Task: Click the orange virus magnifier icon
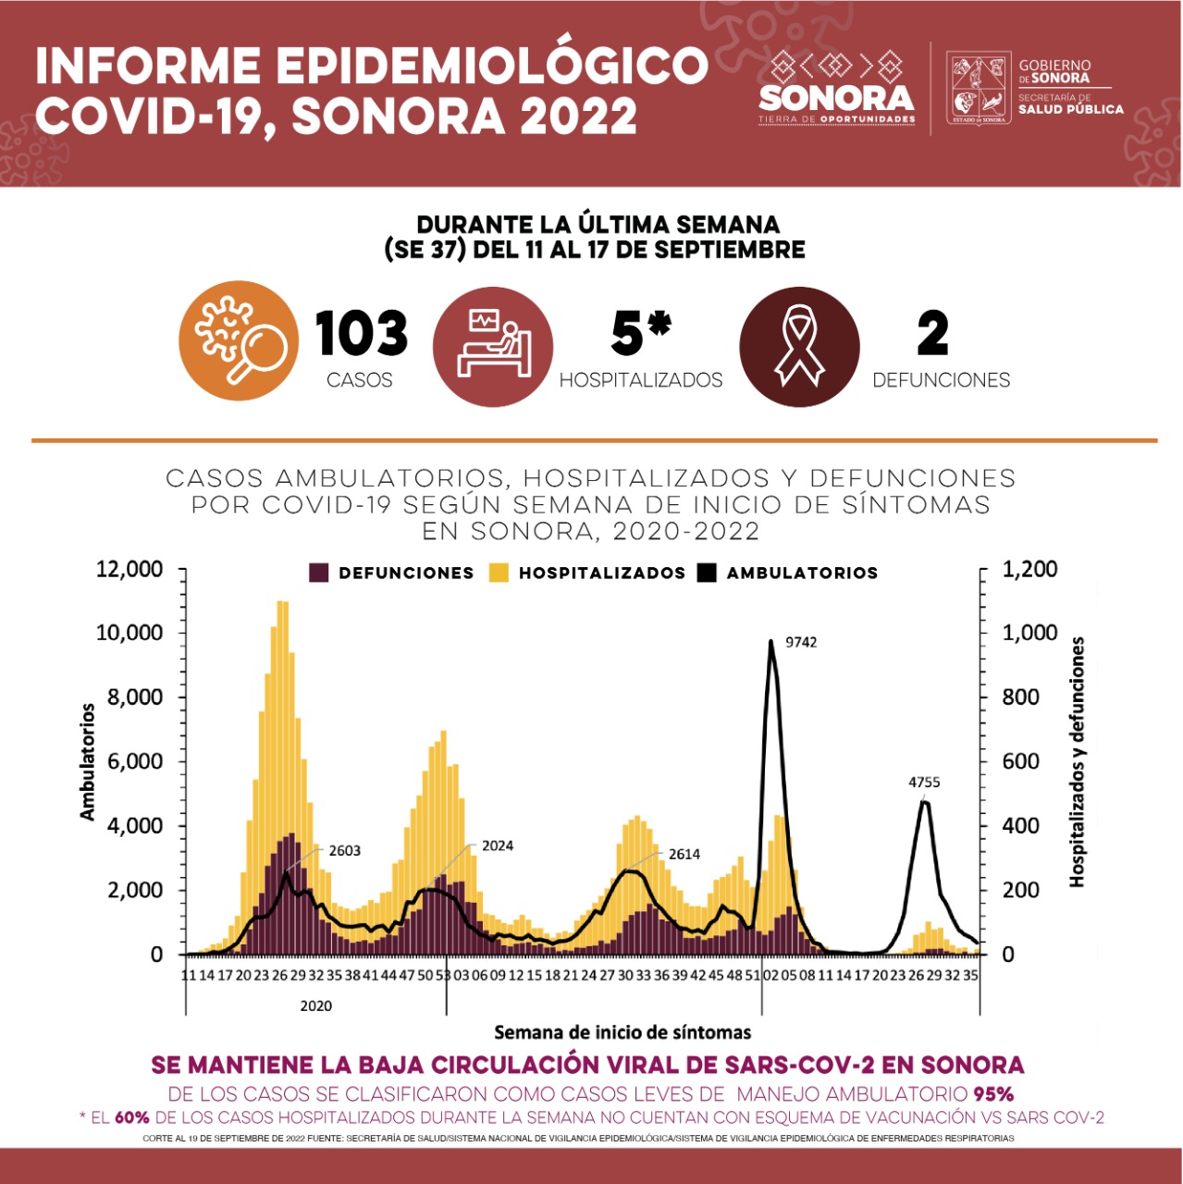(x=239, y=340)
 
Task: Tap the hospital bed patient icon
(x=493, y=346)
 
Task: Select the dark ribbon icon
(x=800, y=346)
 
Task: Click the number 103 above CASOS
(x=361, y=334)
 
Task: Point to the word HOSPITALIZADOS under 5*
(x=641, y=380)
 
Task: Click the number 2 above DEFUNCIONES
(x=932, y=334)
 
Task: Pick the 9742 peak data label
(x=801, y=642)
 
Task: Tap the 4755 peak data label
(x=924, y=783)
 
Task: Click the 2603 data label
(x=344, y=851)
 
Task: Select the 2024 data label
(x=497, y=845)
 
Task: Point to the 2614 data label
(x=684, y=855)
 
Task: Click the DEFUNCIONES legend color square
(x=319, y=573)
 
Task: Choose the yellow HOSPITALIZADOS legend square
(x=499, y=573)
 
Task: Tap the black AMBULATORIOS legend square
(x=707, y=573)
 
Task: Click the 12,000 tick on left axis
(x=129, y=569)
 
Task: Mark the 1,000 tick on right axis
(x=1029, y=633)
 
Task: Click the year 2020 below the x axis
(x=315, y=1005)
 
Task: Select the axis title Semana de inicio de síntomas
(x=622, y=1032)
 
